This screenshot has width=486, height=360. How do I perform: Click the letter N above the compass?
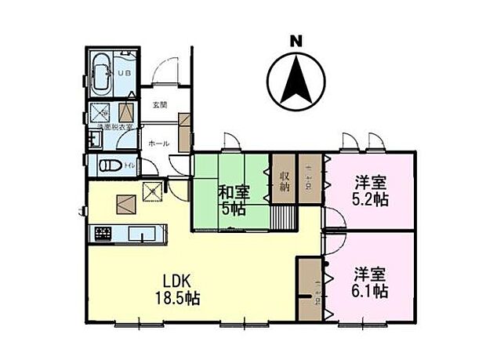(296, 41)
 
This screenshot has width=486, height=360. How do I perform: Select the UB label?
(124, 73)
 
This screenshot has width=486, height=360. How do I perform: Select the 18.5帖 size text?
(181, 299)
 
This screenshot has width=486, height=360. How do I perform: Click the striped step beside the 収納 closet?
(283, 217)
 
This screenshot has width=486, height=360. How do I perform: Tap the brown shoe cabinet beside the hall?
(185, 132)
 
